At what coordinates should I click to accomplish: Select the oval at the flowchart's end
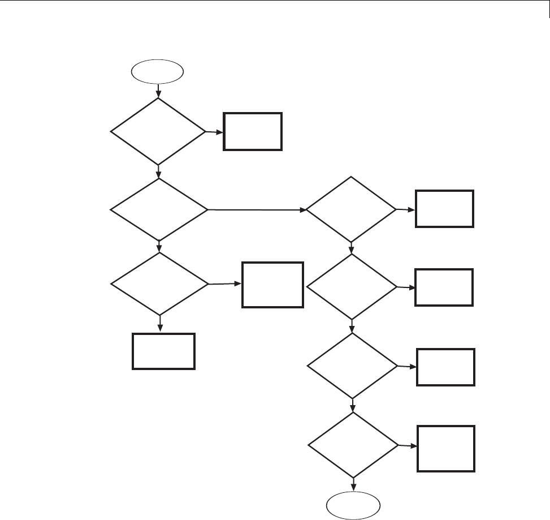tap(354, 505)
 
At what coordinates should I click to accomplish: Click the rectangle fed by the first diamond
tap(253, 131)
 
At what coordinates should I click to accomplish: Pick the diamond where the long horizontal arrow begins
tap(159, 210)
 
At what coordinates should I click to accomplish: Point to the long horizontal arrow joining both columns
tap(257, 210)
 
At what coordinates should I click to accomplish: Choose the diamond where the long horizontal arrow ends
tap(352, 209)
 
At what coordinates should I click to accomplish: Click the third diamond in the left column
tap(159, 283)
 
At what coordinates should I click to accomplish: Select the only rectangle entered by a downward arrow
tap(164, 351)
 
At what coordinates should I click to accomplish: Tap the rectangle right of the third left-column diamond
tap(272, 284)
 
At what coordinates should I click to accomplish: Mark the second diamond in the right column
tap(352, 287)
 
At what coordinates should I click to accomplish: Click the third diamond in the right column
tap(353, 366)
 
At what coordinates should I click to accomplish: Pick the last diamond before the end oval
tap(353, 445)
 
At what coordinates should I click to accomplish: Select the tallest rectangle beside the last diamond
tap(446, 448)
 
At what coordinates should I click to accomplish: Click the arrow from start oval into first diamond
tap(158, 91)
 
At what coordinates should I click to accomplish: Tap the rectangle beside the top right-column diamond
tap(444, 209)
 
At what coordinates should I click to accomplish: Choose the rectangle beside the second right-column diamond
tap(444, 287)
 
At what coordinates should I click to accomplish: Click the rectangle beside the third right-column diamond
tap(446, 367)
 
